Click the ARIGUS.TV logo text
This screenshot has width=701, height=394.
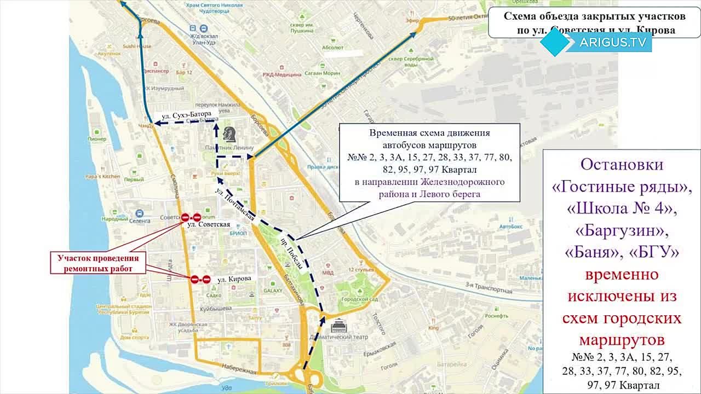pyautogui.click(x=613, y=42)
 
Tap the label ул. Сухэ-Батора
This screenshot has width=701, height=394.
pyautogui.click(x=186, y=116)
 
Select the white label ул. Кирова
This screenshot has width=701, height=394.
pyautogui.click(x=234, y=279)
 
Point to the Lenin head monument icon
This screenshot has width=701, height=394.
pyautogui.click(x=229, y=134)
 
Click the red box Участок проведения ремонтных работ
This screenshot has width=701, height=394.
pyautogui.click(x=99, y=263)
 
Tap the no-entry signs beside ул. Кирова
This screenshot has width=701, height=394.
pyautogui.click(x=200, y=279)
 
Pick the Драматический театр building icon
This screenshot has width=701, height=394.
pyautogui.click(x=340, y=327)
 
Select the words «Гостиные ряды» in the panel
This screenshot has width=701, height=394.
pyautogui.click(x=621, y=188)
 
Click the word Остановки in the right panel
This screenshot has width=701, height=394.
pyautogui.click(x=622, y=165)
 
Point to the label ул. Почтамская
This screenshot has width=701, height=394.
pyautogui.click(x=235, y=204)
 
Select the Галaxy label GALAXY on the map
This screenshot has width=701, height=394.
pyautogui.click(x=272, y=291)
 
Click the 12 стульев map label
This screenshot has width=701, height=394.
pyautogui.click(x=361, y=270)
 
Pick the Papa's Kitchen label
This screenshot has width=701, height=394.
pyautogui.click(x=102, y=176)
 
